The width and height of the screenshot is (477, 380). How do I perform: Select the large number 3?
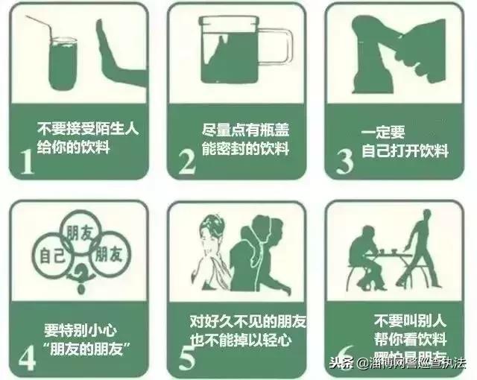coord(344,159)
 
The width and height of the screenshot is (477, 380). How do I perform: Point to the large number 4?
coord(27,355)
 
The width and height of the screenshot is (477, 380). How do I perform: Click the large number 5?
coord(186,355)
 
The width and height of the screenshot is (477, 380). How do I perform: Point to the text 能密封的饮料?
coord(245,148)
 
